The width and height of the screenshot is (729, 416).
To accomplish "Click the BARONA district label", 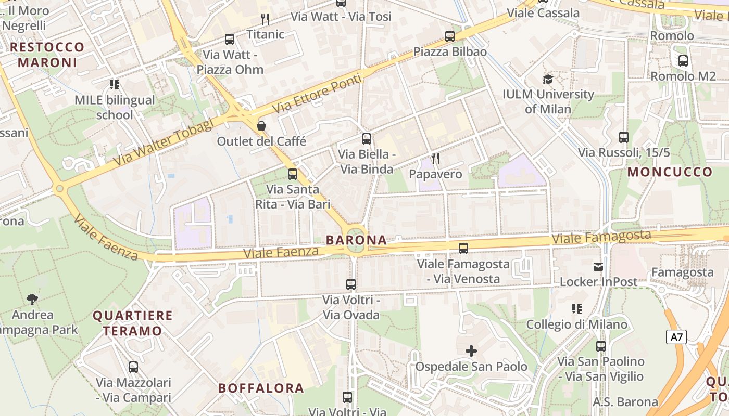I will (x=356, y=240).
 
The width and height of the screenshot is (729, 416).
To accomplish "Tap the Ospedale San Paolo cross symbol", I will (x=471, y=351).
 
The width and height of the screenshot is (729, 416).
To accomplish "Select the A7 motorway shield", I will (x=676, y=337).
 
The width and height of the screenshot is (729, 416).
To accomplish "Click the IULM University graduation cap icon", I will (x=548, y=80).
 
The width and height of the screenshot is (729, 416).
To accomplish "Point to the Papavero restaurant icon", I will (x=435, y=159).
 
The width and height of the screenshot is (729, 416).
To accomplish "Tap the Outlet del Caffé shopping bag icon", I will (x=261, y=126).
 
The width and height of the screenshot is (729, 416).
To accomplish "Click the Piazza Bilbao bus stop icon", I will (x=450, y=36).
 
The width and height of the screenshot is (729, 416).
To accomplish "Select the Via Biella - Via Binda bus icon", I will (x=367, y=139).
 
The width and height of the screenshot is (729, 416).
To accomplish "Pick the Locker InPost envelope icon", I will (x=598, y=267).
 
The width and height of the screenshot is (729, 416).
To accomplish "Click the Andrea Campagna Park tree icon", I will (x=32, y=299).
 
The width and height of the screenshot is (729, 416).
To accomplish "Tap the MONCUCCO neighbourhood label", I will (x=670, y=172).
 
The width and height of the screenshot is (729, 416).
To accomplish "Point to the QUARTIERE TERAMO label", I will (x=132, y=323).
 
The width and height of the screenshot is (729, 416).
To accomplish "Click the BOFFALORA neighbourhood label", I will (x=261, y=388).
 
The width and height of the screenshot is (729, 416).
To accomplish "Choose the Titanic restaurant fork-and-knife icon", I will (x=265, y=20).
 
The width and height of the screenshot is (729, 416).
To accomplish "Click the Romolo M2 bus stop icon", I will (x=683, y=61).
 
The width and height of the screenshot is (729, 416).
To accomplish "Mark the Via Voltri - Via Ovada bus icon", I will (x=351, y=284).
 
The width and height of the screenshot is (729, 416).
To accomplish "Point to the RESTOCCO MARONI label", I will (x=47, y=55).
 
